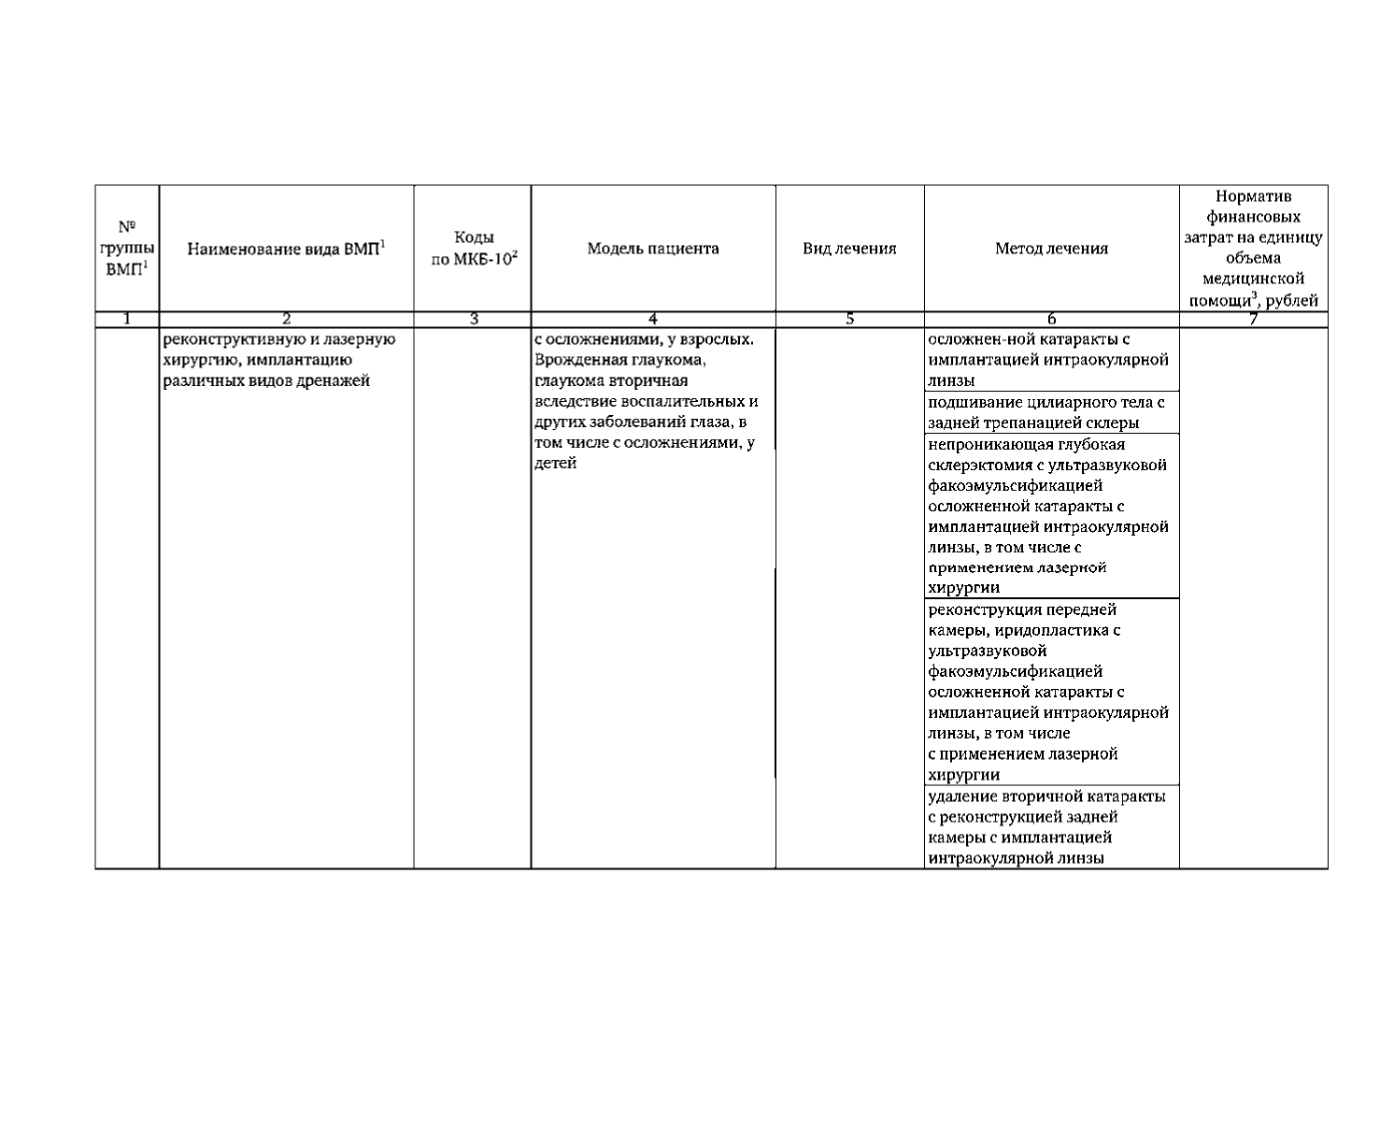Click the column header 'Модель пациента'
(x=653, y=249)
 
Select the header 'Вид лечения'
(x=849, y=249)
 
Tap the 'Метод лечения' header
(x=1051, y=249)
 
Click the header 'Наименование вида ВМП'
(x=286, y=249)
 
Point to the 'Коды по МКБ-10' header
(x=473, y=249)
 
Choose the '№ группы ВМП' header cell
(x=127, y=248)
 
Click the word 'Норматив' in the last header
(x=1253, y=196)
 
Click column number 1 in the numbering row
(x=127, y=320)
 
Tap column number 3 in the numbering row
(x=474, y=320)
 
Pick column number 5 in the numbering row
(x=850, y=320)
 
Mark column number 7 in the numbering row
(x=1253, y=320)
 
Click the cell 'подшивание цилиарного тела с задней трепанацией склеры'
(x=1046, y=412)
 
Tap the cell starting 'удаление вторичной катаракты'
(x=1046, y=827)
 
